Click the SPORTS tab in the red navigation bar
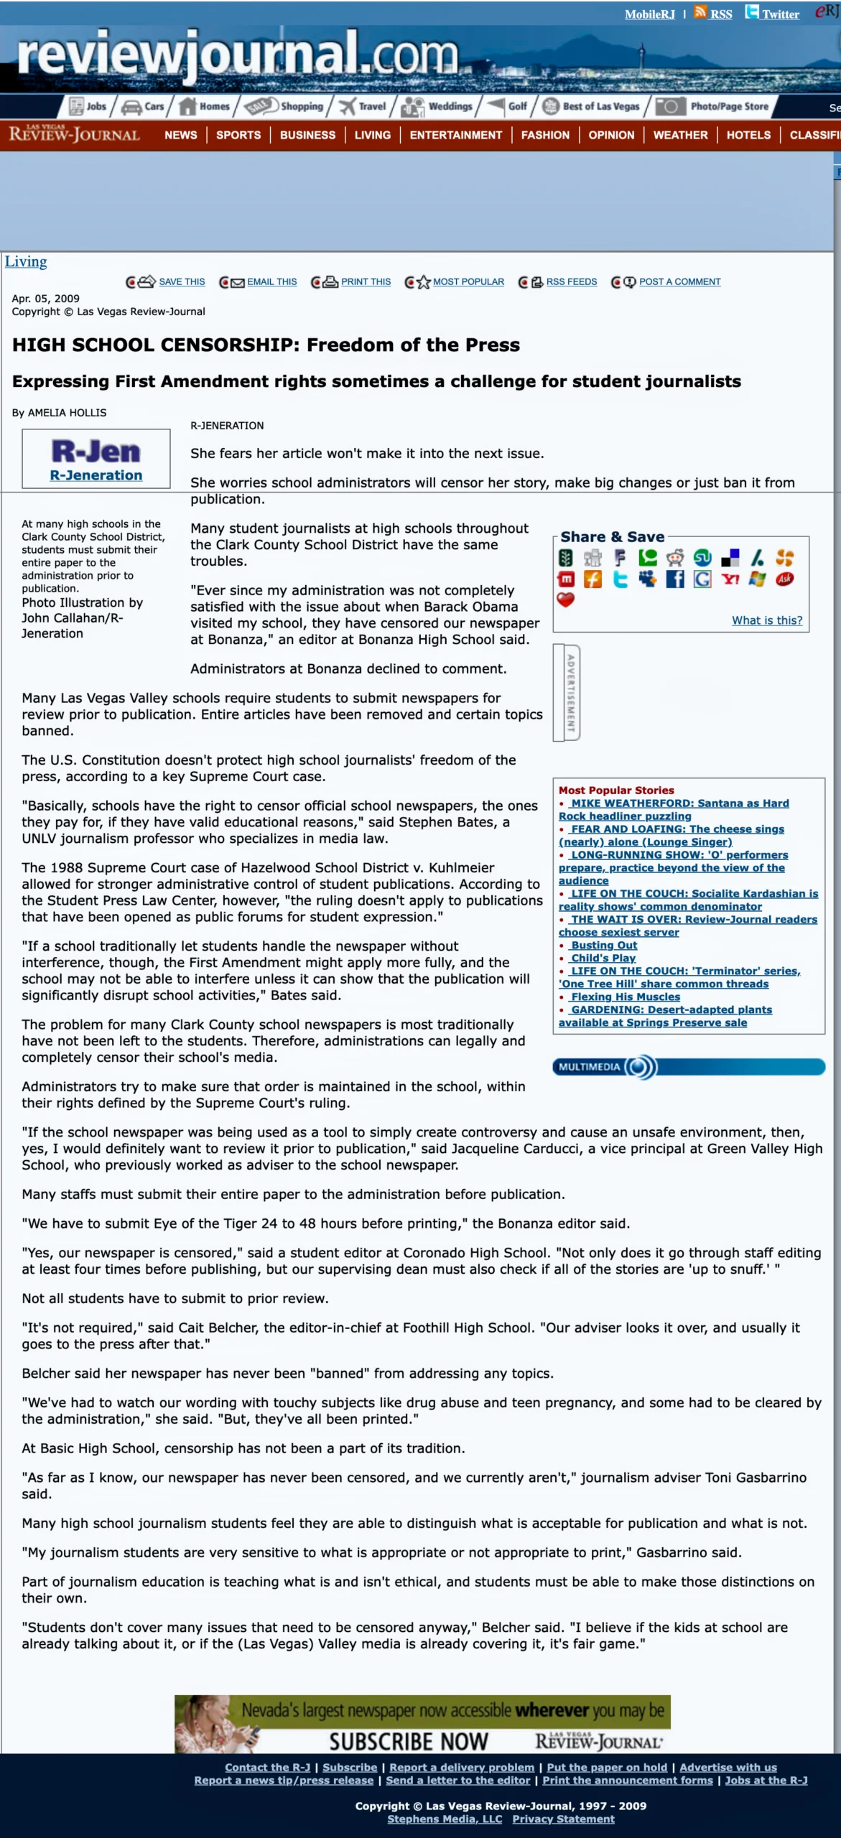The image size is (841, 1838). pyautogui.click(x=238, y=135)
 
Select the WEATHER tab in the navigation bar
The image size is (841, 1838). pyautogui.click(x=680, y=135)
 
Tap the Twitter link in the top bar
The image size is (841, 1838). pyautogui.click(x=780, y=14)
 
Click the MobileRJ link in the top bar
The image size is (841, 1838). pyautogui.click(x=649, y=14)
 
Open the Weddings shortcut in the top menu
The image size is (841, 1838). pyautogui.click(x=450, y=106)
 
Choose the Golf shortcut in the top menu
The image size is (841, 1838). pyautogui.click(x=517, y=106)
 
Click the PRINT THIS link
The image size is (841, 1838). pyautogui.click(x=366, y=282)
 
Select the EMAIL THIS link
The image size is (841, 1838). pyautogui.click(x=271, y=282)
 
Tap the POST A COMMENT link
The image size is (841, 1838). pyautogui.click(x=679, y=282)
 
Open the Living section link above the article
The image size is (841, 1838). pyautogui.click(x=26, y=262)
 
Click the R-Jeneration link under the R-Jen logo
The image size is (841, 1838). pyautogui.click(x=96, y=475)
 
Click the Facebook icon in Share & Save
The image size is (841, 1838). pyautogui.click(x=675, y=579)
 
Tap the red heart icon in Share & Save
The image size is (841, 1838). pyautogui.click(x=566, y=600)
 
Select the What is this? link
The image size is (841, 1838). pyautogui.click(x=767, y=620)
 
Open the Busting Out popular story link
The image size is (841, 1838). pyautogui.click(x=604, y=946)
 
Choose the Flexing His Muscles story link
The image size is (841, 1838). pyautogui.click(x=626, y=997)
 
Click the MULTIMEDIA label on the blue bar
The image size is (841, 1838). pyautogui.click(x=589, y=1067)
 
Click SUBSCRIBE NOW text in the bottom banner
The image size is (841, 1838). pyautogui.click(x=408, y=1742)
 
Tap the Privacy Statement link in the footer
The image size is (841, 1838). pyautogui.click(x=563, y=1819)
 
